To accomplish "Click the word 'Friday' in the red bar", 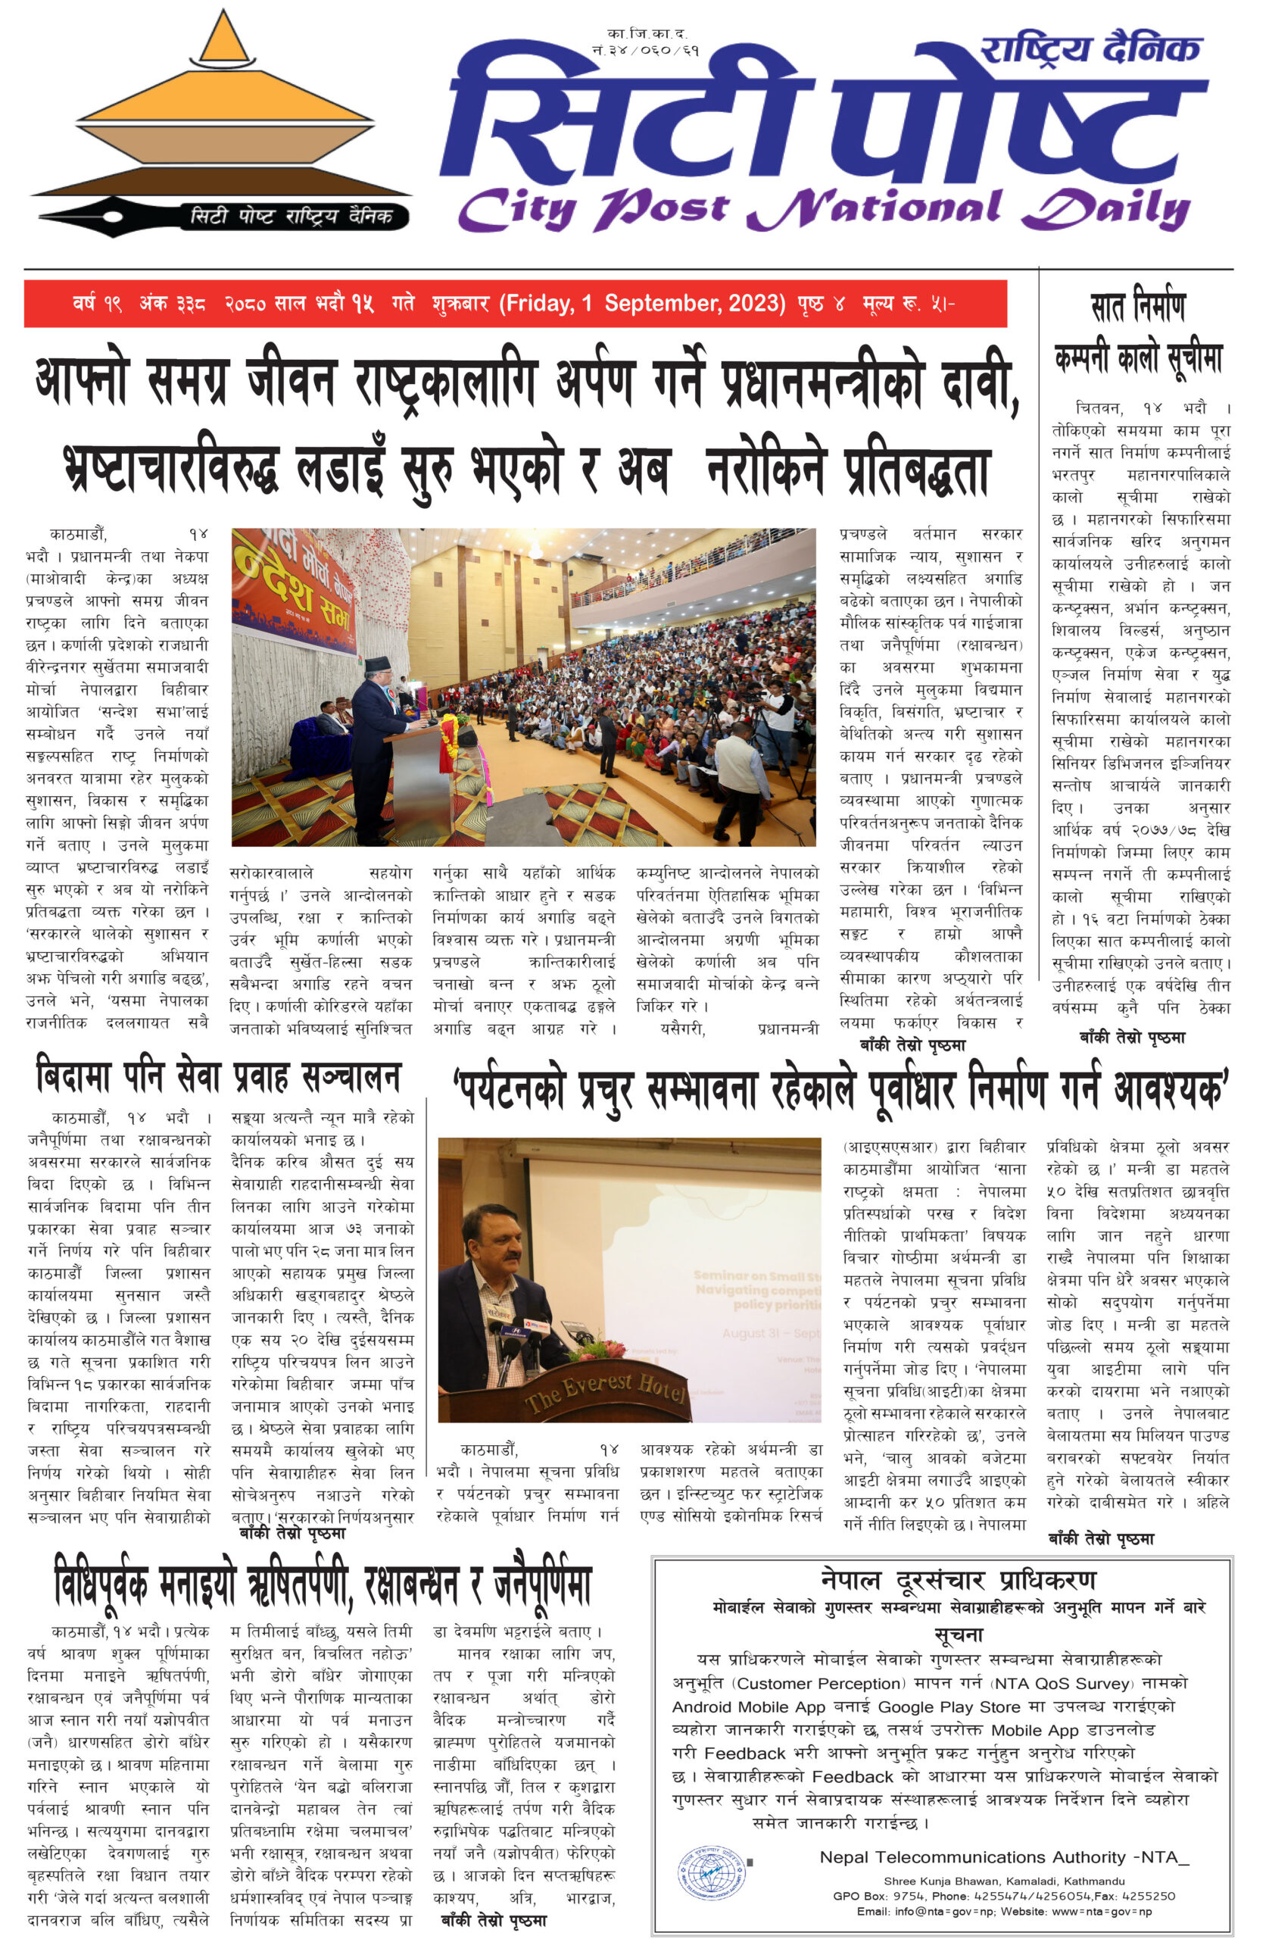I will pyautogui.click(x=538, y=304).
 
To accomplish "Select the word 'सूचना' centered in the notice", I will pyautogui.click(x=959, y=1635).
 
